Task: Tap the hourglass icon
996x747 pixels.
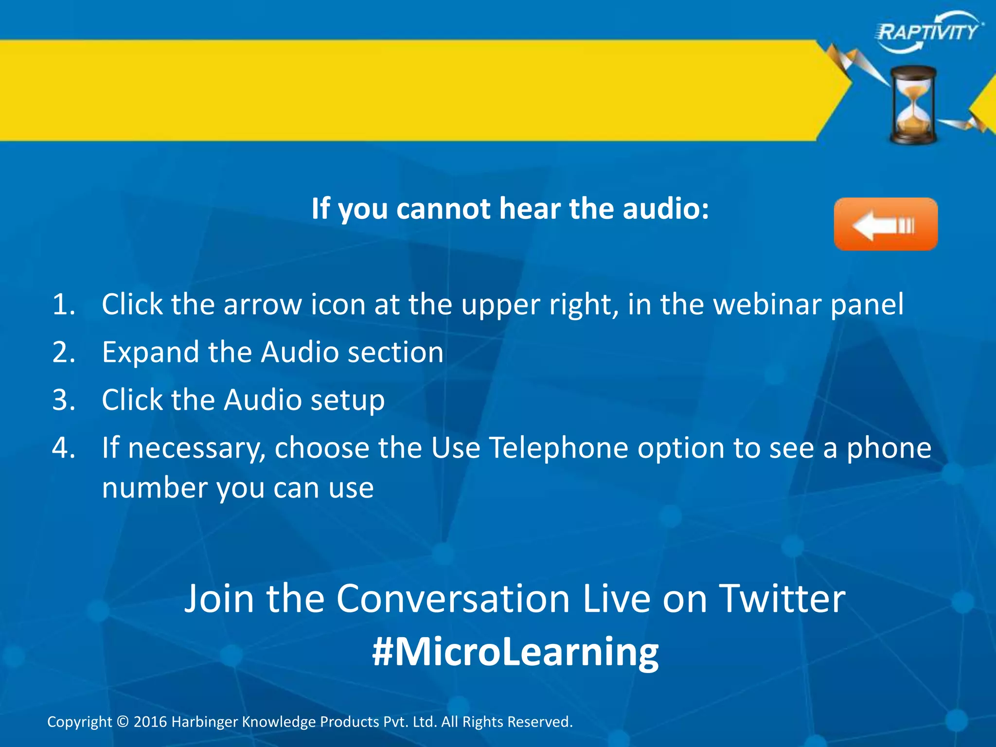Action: pos(913,105)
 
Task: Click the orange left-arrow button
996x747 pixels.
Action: pos(886,224)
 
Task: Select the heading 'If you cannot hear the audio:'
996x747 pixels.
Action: pos(510,209)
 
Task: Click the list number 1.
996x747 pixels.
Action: pos(64,305)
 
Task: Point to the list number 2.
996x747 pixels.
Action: pos(64,352)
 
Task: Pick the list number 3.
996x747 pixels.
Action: pos(64,400)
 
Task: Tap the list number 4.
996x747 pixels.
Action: pos(64,447)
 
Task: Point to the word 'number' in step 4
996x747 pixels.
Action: pos(154,488)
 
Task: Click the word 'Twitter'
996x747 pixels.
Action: pos(782,599)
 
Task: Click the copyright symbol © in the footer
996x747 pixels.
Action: pos(123,721)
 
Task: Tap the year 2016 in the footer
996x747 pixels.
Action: pos(150,722)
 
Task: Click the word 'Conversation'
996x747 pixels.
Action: pos(453,599)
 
